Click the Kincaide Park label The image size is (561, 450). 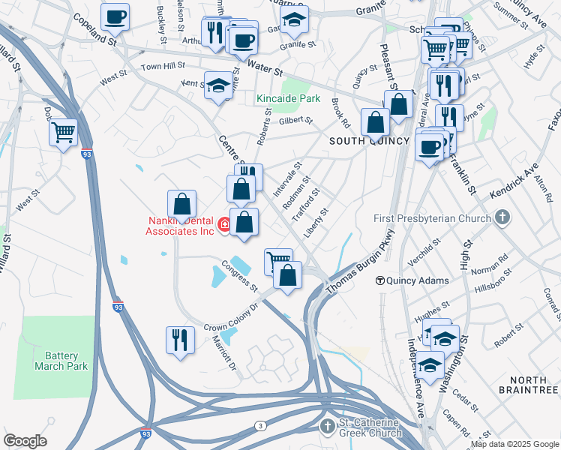pos(288,98)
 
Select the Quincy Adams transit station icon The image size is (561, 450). pos(380,280)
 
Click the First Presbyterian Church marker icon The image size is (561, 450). pos(502,218)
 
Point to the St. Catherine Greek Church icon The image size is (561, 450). pos(326,427)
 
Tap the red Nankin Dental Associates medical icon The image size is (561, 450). pos(223,224)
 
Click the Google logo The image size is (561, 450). pos(25,441)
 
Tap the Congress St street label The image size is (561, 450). pos(239,277)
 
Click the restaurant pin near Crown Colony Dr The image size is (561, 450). pos(180,340)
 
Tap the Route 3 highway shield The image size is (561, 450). pos(259,425)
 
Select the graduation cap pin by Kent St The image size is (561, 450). pos(218,86)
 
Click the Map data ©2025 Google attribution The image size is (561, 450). pos(514,444)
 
